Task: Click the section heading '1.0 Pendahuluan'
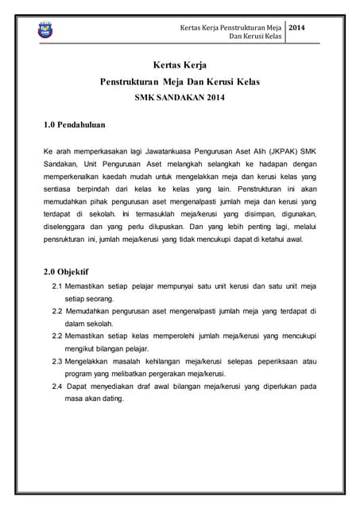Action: (x=75, y=125)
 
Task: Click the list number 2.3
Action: (x=58, y=362)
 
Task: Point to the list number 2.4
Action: (x=58, y=387)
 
